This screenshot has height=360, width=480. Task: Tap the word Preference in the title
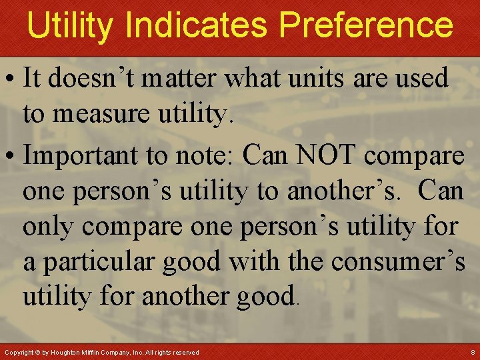pyautogui.click(x=366, y=25)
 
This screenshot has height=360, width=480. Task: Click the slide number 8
pyautogui.click(x=472, y=351)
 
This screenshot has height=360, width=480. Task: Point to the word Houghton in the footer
pyautogui.click(x=71, y=352)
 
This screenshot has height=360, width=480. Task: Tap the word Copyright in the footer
pyautogui.click(x=18, y=352)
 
